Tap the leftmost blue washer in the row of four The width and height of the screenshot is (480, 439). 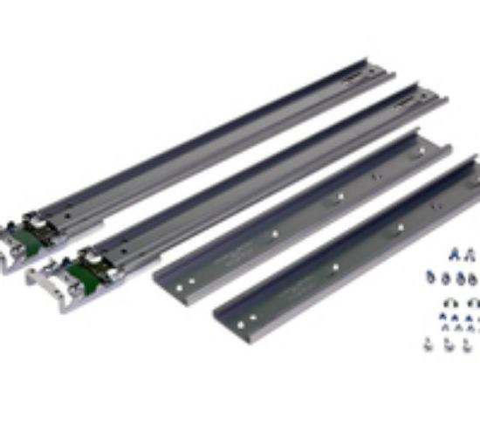point(431,277)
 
